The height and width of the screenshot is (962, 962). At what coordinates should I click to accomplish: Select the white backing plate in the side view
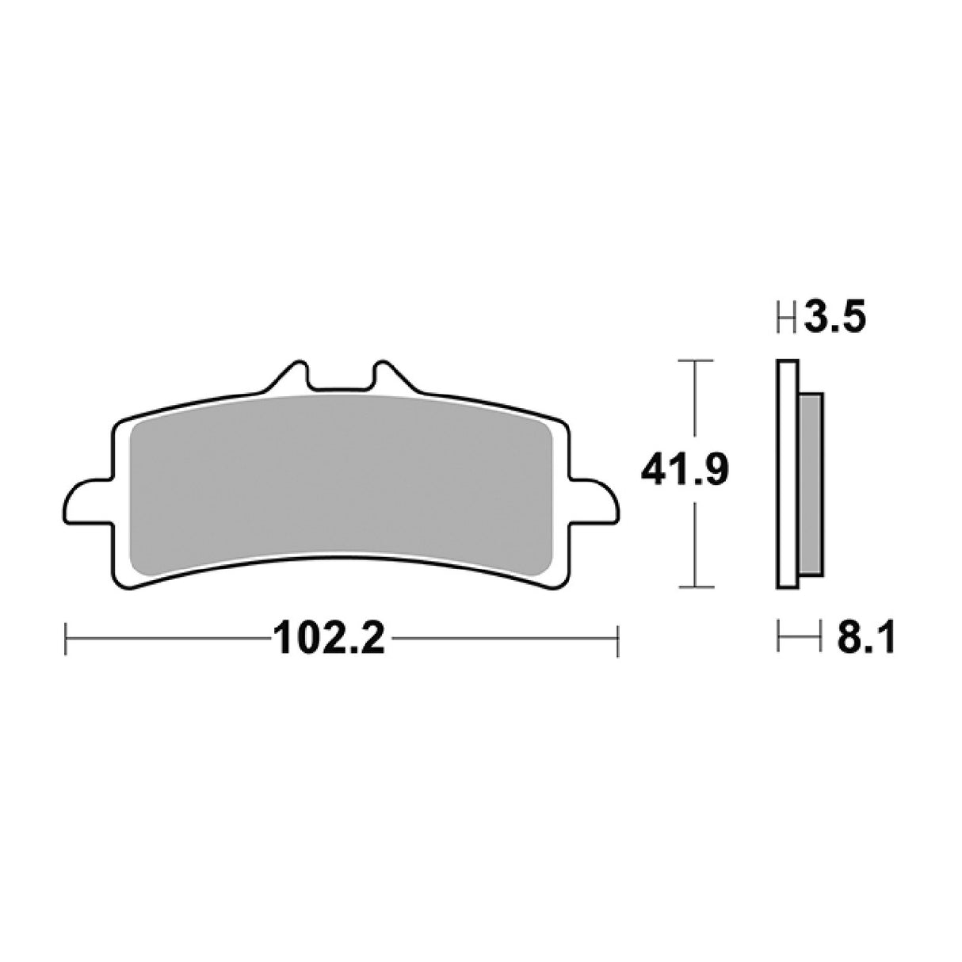787,475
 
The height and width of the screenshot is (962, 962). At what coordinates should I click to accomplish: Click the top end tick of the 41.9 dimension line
694,361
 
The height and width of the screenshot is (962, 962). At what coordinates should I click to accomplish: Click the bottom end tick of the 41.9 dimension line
694,587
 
